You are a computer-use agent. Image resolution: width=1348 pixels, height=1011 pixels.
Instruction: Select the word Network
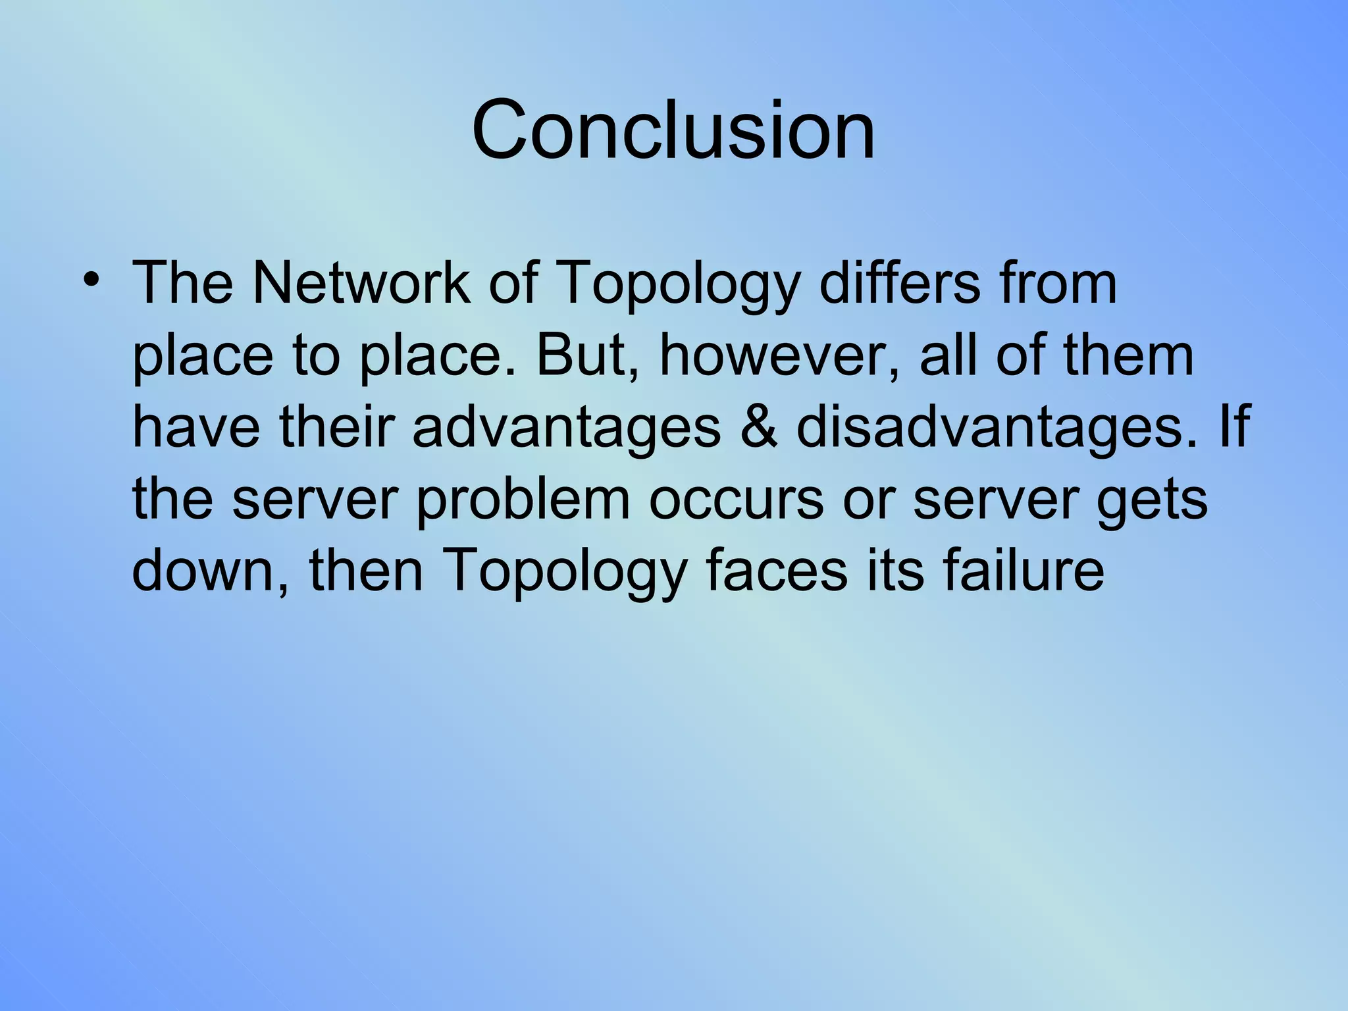tap(361, 283)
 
